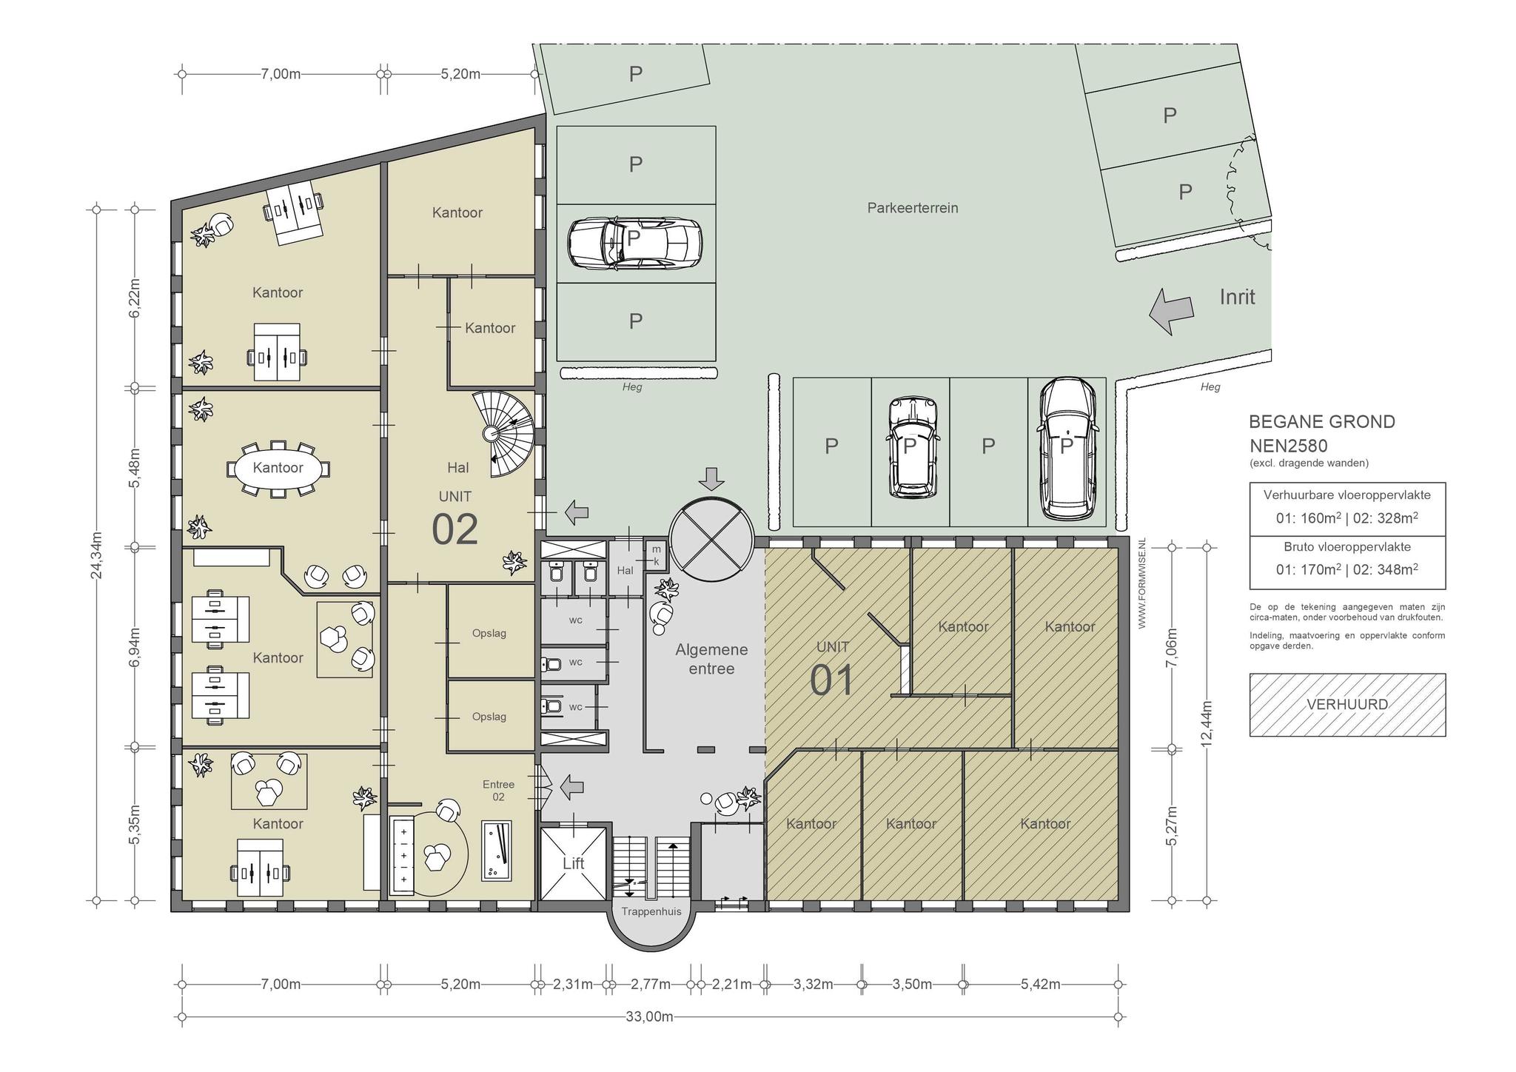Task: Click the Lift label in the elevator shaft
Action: [x=573, y=863]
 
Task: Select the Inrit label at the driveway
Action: [x=1237, y=297]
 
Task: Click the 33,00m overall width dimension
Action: [x=649, y=1016]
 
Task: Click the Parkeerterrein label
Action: [x=913, y=208]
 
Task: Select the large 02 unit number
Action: [x=455, y=529]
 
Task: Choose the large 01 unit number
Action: [x=832, y=680]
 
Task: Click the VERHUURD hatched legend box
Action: [x=1347, y=705]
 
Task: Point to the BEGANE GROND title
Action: [x=1322, y=422]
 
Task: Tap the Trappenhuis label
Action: [x=651, y=911]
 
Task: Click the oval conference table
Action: [x=278, y=469]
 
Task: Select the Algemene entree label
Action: [x=711, y=659]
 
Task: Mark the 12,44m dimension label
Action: [x=1207, y=724]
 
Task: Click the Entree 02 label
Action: [x=498, y=791]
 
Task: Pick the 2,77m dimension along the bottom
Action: [x=651, y=984]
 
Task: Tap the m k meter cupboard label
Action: [x=656, y=555]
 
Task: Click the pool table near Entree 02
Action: [x=496, y=850]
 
